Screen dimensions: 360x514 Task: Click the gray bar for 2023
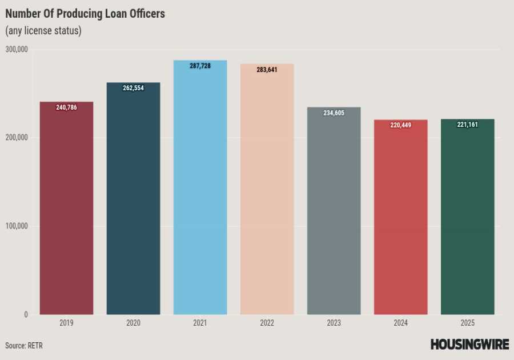tap(334, 217)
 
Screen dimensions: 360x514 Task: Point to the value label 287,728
tap(200, 66)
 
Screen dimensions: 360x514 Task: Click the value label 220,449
tap(400, 125)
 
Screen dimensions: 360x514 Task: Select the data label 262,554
tap(134, 89)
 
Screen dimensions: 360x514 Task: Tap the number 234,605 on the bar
tap(334, 113)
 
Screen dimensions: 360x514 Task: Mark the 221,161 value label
tap(467, 125)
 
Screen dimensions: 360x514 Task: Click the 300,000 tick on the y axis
tap(17, 49)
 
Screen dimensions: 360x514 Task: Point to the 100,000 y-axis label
tap(17, 226)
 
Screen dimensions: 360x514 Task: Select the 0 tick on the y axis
tap(26, 314)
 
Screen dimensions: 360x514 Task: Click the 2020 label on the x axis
tap(134, 323)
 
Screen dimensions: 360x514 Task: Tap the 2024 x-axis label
tap(400, 323)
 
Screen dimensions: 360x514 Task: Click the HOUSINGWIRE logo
tap(469, 344)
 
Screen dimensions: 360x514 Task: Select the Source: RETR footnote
tap(24, 346)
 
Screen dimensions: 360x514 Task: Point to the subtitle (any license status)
tap(43, 31)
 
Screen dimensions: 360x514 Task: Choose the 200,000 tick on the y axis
tap(17, 138)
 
